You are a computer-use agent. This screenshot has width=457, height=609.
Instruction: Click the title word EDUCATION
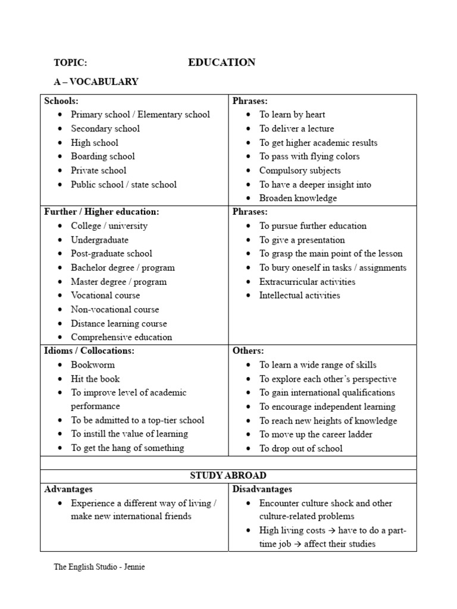click(222, 62)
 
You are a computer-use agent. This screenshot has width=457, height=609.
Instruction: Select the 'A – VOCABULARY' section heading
click(96, 82)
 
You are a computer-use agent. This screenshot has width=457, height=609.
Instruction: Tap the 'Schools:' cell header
click(61, 101)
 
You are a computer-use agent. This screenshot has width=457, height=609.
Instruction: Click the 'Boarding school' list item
click(103, 156)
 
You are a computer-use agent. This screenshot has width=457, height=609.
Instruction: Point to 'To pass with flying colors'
click(309, 156)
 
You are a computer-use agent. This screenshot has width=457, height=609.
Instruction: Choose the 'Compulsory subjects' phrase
click(300, 171)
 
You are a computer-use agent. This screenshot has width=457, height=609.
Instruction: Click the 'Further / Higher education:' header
click(102, 212)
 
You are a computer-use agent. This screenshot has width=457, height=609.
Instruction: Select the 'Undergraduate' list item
click(99, 240)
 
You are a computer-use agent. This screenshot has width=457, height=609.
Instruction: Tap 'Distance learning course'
click(119, 324)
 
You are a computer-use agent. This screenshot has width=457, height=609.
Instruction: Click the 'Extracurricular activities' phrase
click(307, 282)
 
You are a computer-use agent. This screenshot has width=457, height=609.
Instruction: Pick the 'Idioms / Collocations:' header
click(89, 351)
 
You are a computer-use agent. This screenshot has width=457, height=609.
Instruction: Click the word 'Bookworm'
click(93, 365)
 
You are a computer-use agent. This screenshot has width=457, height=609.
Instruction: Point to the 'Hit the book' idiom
click(95, 379)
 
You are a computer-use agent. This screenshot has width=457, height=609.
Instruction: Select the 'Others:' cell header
click(248, 351)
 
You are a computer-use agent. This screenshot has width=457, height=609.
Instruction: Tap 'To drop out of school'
click(301, 448)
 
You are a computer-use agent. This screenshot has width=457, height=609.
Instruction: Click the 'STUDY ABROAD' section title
click(228, 476)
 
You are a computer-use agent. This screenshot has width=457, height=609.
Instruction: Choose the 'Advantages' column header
click(68, 489)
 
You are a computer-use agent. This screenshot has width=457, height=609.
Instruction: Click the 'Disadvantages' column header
click(262, 489)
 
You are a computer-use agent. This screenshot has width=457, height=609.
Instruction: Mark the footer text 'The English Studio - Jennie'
click(99, 567)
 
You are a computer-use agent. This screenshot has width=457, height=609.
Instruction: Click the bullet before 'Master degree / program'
click(61, 282)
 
